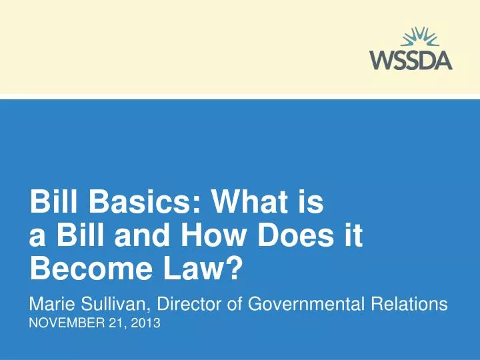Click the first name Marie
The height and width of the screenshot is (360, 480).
tap(53, 305)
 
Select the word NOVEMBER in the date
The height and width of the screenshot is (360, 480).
tap(63, 326)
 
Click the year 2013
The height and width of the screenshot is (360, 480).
tap(147, 326)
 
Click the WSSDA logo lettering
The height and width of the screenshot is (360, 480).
tap(410, 61)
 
